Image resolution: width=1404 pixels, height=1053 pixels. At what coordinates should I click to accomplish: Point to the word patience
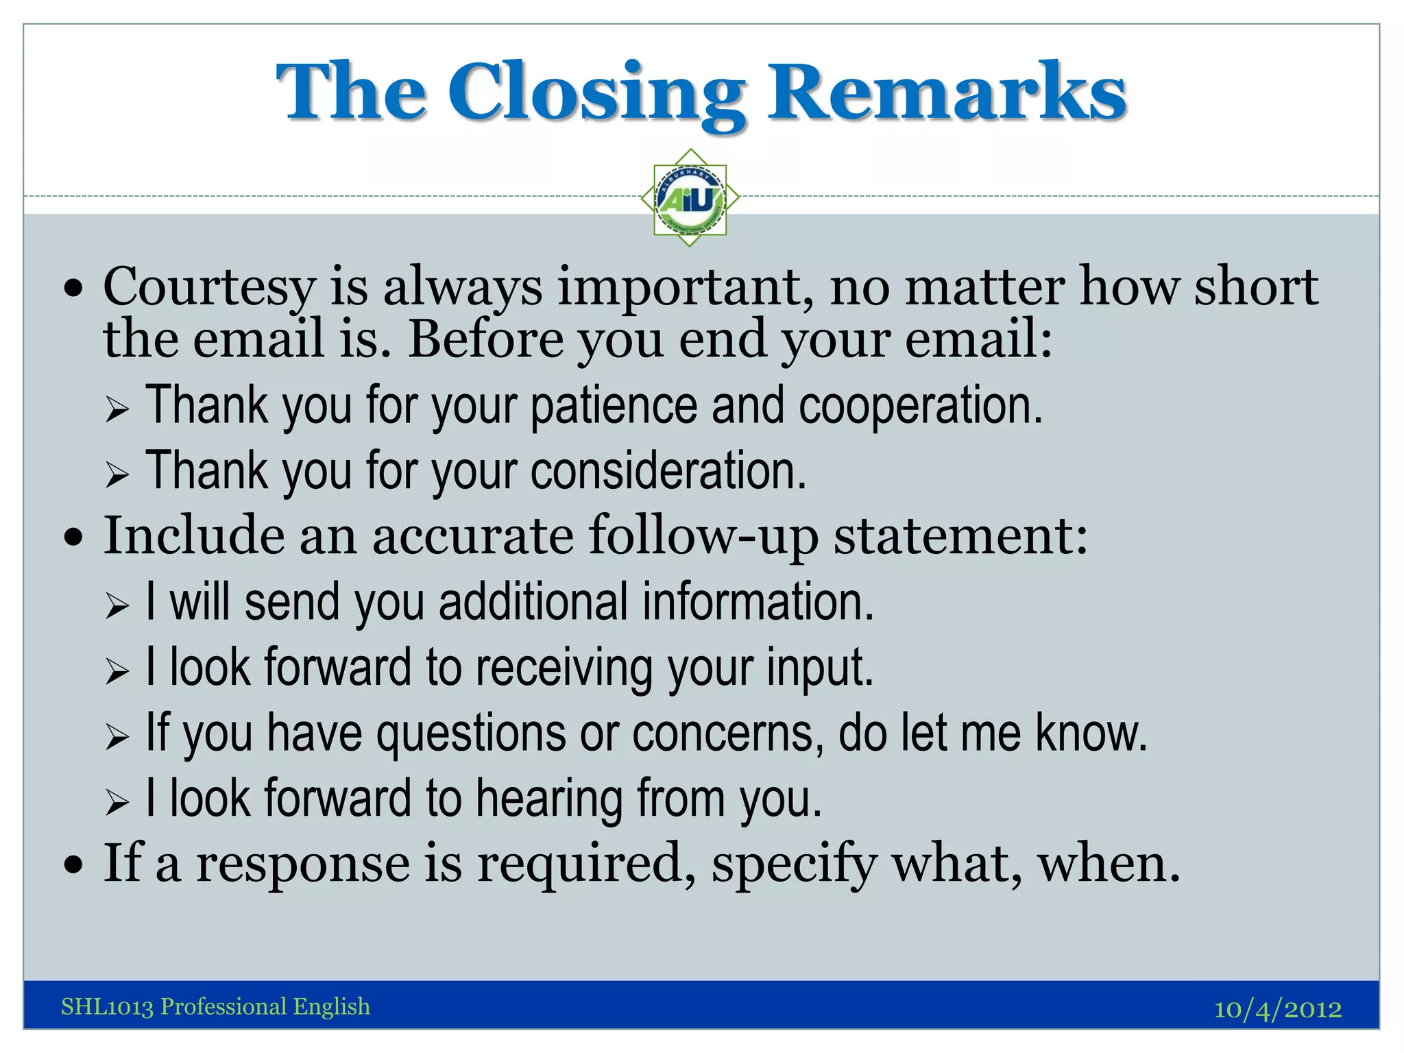point(614,406)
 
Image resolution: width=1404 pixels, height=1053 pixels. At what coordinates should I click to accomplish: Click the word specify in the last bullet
point(794,864)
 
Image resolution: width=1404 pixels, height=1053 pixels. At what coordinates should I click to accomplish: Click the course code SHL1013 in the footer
point(107,1007)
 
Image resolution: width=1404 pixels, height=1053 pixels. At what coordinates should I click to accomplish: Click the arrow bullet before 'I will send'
point(117,606)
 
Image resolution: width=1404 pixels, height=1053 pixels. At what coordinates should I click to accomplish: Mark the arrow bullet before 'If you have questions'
point(117,737)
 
